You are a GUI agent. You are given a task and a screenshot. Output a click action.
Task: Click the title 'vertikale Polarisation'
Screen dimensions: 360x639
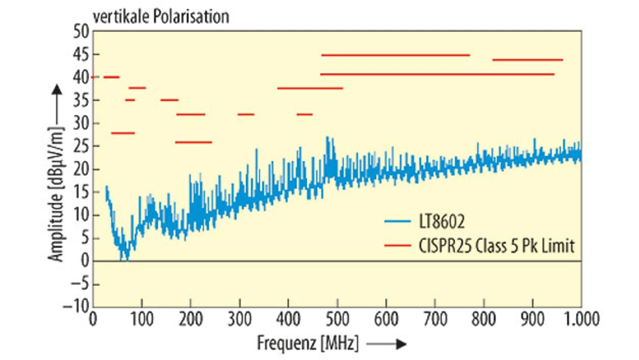(x=160, y=16)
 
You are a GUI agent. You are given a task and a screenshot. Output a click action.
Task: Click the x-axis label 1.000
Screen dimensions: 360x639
(x=581, y=318)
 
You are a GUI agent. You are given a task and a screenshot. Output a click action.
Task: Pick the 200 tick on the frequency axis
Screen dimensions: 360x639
(x=191, y=318)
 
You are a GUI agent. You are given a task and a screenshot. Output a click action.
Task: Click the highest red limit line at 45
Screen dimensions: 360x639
(x=395, y=55)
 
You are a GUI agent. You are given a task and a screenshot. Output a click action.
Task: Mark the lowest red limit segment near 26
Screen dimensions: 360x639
(x=193, y=142)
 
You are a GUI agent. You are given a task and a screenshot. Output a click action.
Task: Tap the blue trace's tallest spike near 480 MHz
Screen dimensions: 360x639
(x=327, y=138)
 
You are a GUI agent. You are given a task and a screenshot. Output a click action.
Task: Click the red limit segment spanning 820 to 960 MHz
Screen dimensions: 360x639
(x=528, y=60)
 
